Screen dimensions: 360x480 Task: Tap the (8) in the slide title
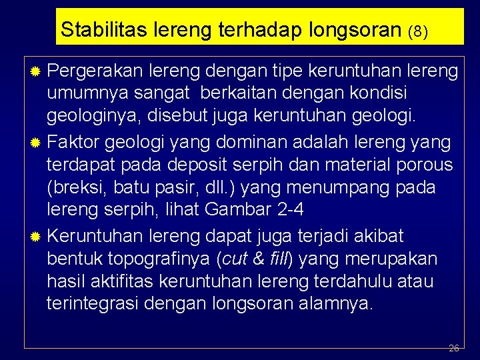pos(417,31)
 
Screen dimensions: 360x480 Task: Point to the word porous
pos(425,165)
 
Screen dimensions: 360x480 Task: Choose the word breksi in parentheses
pos(75,187)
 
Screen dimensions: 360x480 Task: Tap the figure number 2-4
pos(288,211)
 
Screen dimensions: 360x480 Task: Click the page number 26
pos(454,348)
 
